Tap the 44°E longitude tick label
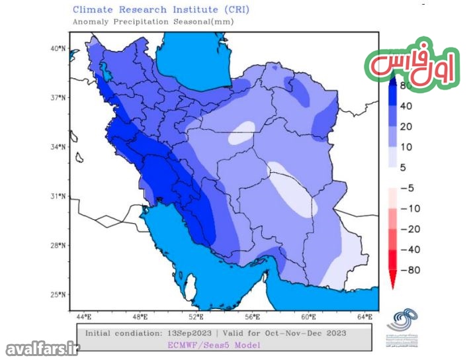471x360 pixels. coord(85,318)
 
